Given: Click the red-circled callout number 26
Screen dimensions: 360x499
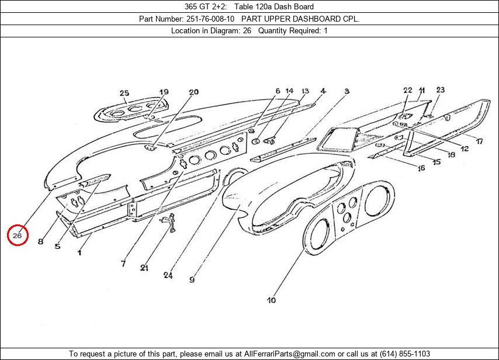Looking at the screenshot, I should (x=18, y=235).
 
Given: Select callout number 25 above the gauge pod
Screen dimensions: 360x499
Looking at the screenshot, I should (x=124, y=93).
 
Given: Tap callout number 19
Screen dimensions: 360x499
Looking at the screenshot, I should (x=164, y=92).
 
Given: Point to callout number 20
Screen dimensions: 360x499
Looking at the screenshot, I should (x=193, y=92).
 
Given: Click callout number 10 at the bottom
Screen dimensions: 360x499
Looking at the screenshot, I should (x=271, y=300).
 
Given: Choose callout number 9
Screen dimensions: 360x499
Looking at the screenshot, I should (x=192, y=279).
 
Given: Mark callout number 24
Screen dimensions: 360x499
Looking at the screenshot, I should (x=168, y=275).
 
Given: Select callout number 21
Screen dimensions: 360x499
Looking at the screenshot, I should (x=144, y=268).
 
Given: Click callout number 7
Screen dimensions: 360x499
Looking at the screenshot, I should (x=123, y=264).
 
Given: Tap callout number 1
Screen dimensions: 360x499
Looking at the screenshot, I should (x=79, y=252).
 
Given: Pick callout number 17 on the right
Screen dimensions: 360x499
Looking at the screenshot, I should (x=479, y=141).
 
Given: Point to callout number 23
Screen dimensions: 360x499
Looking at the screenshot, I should (x=440, y=89).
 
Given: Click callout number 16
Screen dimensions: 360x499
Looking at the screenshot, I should (x=421, y=168).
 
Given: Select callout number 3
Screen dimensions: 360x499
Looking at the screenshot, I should (x=346, y=91).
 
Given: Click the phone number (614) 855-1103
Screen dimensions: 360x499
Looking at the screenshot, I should (x=405, y=354).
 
